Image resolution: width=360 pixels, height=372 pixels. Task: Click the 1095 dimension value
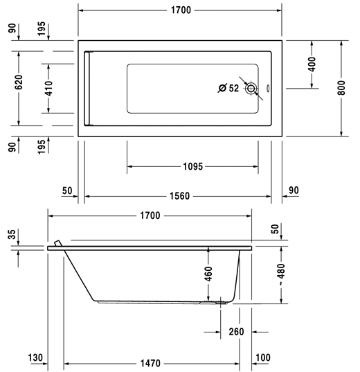pos(193,166)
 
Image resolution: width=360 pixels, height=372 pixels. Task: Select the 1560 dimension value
pos(179,196)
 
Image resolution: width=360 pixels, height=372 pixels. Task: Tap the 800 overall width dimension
pos(341,88)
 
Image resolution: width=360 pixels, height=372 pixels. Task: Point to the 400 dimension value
pos(312,64)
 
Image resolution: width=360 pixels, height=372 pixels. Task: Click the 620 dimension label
pos(19,82)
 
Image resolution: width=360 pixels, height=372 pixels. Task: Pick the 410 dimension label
pos(48,89)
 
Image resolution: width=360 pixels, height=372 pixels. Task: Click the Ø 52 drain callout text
pos(228,88)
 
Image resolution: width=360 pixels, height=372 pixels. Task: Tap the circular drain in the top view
pos(251,89)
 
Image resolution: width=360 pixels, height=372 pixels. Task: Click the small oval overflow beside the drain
pos(268,88)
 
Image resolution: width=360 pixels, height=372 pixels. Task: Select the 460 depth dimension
pos(208,274)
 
